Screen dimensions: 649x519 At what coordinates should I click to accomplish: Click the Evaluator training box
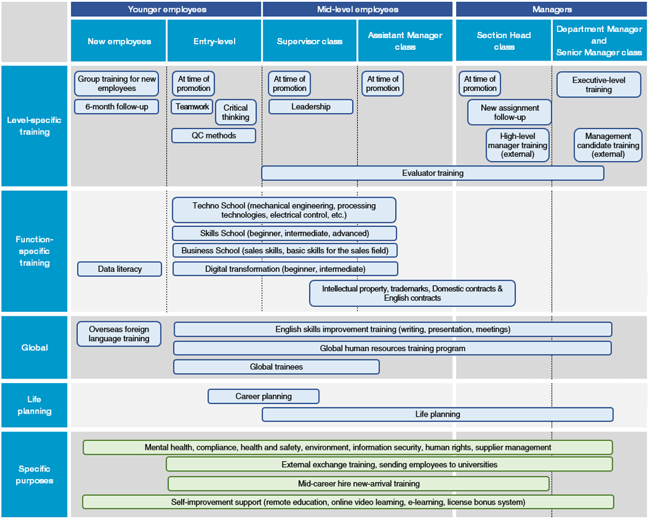click(x=432, y=173)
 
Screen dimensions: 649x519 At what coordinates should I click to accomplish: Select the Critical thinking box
click(x=235, y=112)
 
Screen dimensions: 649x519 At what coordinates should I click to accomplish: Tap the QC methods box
click(x=213, y=136)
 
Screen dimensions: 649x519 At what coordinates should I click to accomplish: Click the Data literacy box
click(x=120, y=269)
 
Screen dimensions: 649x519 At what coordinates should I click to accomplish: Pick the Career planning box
click(x=263, y=397)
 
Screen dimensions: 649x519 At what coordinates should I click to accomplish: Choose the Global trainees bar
click(x=276, y=367)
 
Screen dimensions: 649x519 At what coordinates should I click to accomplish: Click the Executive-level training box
click(x=598, y=85)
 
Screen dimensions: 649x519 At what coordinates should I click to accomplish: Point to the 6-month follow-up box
click(x=117, y=107)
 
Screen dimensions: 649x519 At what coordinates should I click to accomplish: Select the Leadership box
click(x=311, y=107)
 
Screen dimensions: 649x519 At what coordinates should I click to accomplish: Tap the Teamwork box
click(x=192, y=107)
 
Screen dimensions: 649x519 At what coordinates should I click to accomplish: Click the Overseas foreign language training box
click(x=119, y=334)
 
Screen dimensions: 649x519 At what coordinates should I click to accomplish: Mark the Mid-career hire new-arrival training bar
click(x=359, y=483)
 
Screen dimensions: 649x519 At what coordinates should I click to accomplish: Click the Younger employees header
click(x=166, y=9)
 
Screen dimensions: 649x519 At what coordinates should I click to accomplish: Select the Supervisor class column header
click(x=310, y=41)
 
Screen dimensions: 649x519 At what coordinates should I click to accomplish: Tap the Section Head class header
click(x=504, y=41)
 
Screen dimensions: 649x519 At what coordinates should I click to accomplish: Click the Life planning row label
click(x=34, y=405)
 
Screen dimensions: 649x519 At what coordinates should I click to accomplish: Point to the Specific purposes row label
click(x=34, y=474)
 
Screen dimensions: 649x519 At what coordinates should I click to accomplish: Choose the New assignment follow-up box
click(x=509, y=112)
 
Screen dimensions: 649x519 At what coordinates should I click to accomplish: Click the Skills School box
click(x=285, y=233)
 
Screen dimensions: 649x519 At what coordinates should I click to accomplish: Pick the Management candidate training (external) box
click(x=608, y=145)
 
